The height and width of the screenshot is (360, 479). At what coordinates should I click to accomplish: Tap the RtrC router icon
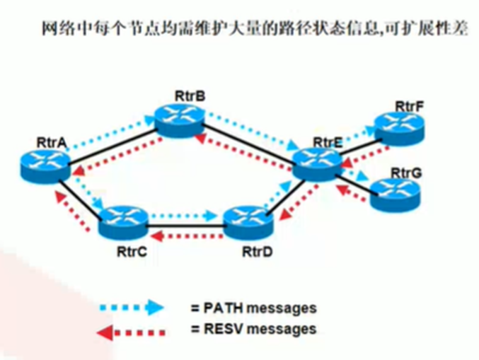click(x=122, y=223)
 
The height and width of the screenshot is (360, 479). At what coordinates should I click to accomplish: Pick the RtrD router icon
click(x=247, y=224)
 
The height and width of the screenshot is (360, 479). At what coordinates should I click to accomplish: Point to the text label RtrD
click(x=257, y=250)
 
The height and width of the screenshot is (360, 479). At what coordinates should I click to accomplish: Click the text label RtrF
click(x=409, y=105)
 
